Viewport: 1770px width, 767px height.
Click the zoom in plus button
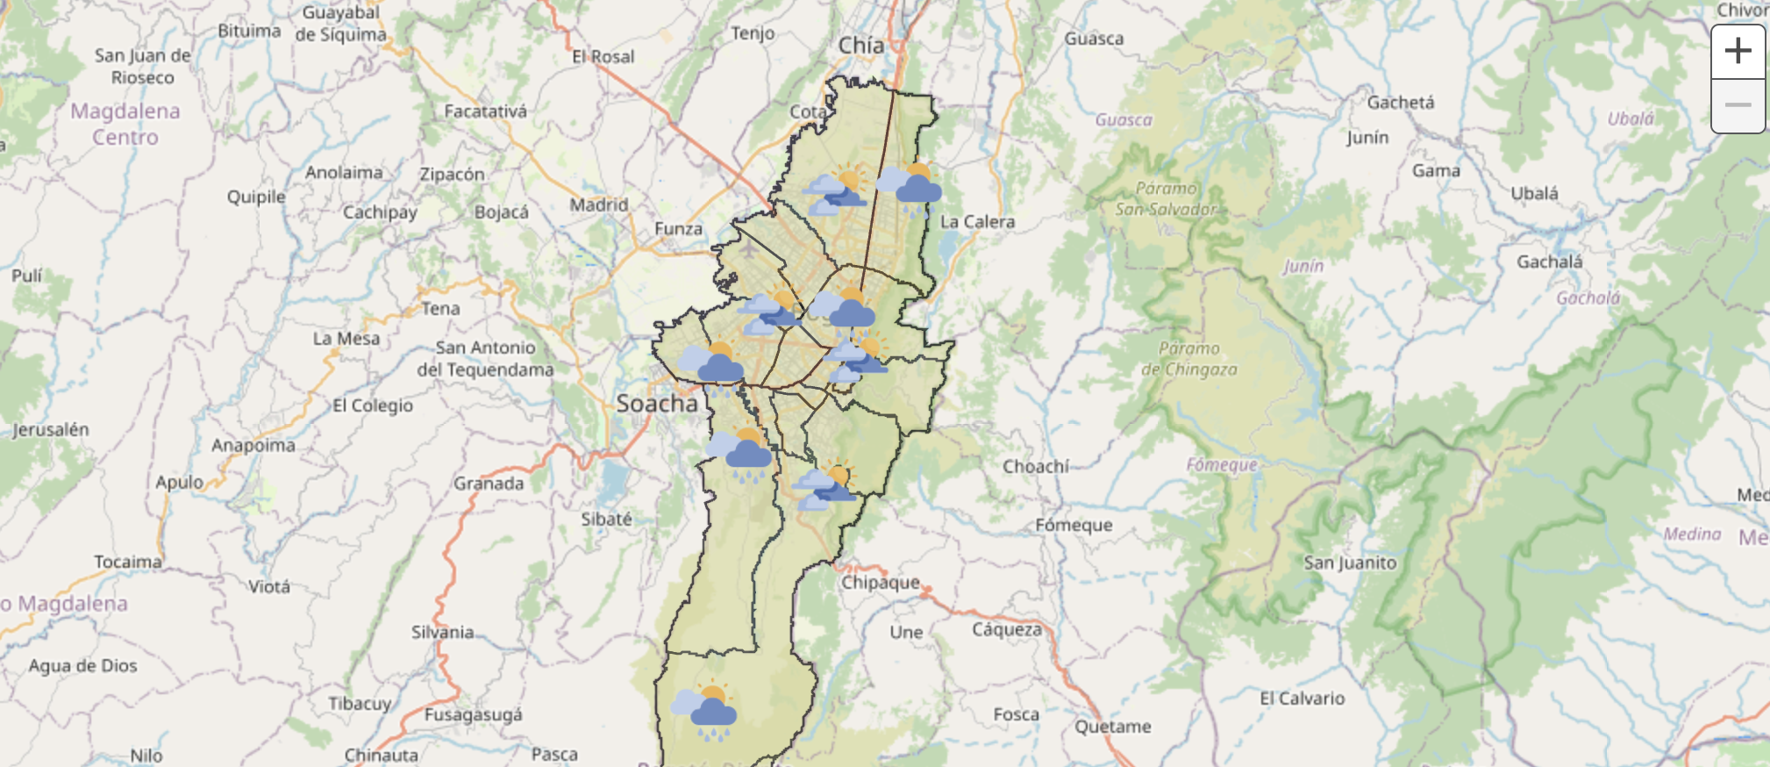coord(1738,52)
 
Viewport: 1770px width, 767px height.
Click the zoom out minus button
coord(1738,105)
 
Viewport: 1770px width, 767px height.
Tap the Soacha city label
coord(657,404)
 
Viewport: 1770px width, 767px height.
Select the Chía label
coord(860,45)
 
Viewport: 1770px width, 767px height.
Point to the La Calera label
coord(977,222)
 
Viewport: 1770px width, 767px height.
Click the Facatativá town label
coord(485,111)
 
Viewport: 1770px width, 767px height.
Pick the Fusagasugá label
coord(473,714)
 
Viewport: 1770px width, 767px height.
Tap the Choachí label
coord(1035,466)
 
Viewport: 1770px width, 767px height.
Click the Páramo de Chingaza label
coord(1188,359)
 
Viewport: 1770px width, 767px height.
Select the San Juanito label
coord(1349,563)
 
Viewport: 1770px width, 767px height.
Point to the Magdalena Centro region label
coord(125,124)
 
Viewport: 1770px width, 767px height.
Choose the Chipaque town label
coord(881,582)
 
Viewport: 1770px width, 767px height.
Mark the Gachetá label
coord(1400,103)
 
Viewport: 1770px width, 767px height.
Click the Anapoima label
coord(253,445)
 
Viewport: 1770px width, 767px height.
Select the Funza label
coord(678,229)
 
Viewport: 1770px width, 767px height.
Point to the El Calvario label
coord(1302,699)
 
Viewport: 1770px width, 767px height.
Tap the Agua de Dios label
coord(82,665)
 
